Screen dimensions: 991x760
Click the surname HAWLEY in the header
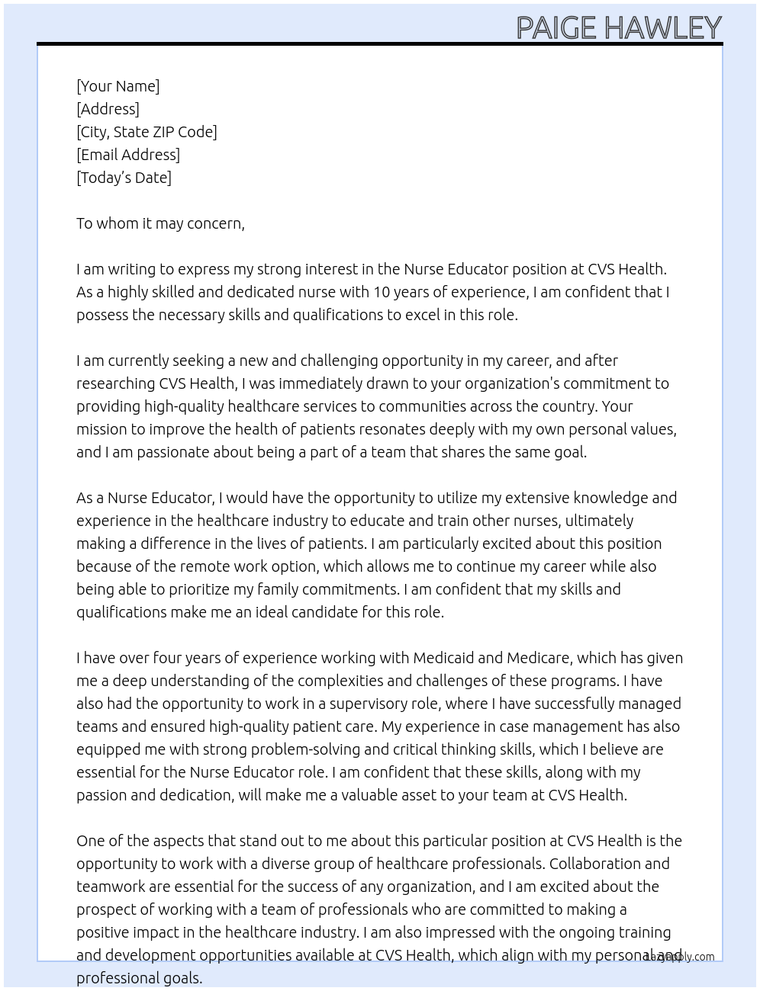click(x=662, y=27)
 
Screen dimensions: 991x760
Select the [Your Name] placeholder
click(x=118, y=86)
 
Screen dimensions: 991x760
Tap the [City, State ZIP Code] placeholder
click(x=147, y=132)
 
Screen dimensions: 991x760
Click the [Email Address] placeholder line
click(x=128, y=155)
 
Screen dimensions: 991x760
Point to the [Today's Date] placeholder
click(x=124, y=178)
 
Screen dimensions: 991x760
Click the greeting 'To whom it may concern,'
click(x=160, y=223)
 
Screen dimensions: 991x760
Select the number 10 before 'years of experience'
click(x=382, y=292)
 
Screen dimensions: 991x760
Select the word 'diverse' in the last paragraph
click(x=289, y=864)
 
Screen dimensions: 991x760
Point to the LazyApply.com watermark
click(x=679, y=957)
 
